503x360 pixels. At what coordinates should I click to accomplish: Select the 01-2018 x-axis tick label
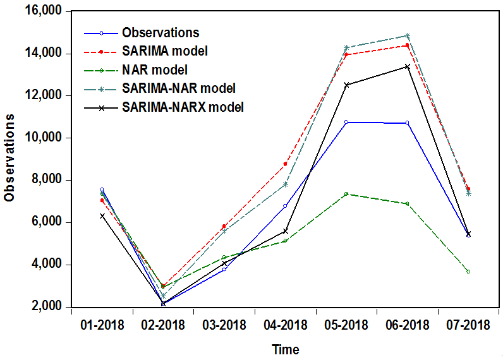(102, 325)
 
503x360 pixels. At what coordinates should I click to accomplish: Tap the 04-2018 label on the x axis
(285, 325)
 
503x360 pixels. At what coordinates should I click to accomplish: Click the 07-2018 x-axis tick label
(468, 325)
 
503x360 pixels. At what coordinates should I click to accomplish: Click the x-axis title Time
(286, 349)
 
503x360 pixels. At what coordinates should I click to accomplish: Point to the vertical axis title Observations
(9, 159)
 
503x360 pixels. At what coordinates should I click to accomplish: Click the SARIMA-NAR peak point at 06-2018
(408, 35)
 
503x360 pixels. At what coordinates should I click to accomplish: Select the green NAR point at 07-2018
(468, 272)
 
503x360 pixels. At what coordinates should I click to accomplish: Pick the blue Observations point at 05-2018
(346, 122)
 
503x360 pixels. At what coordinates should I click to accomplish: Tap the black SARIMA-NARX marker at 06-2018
(408, 66)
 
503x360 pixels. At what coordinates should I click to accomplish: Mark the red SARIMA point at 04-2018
(286, 164)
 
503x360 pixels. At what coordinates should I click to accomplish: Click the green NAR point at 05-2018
(346, 194)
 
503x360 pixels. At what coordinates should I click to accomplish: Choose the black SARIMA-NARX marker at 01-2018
(102, 216)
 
